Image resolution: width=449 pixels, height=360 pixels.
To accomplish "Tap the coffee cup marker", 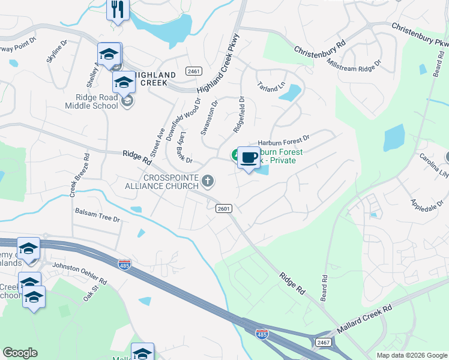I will coord(249,158).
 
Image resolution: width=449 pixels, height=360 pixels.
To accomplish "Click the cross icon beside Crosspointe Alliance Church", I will coord(208,181).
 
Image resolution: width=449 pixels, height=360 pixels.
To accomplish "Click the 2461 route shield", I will coord(193,71).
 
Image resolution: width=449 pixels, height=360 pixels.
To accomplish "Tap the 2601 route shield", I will coord(223,207).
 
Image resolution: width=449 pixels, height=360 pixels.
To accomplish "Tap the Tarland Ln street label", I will coord(271,88).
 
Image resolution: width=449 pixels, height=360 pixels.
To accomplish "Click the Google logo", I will coord(20,353).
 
